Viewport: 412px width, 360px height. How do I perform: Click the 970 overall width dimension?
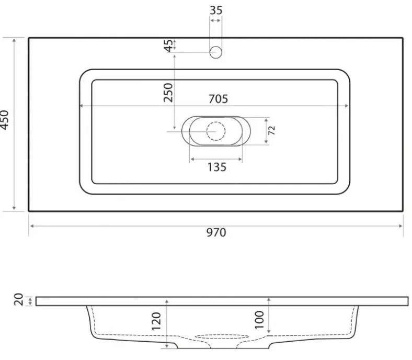tap(216, 233)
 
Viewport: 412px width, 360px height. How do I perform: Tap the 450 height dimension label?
tap(5, 120)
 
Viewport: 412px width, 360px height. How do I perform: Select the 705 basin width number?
tap(219, 99)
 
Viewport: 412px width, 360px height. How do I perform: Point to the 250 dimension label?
tap(168, 93)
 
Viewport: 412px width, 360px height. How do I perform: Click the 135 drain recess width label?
tap(217, 167)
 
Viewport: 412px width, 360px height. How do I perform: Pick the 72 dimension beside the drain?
tap(272, 130)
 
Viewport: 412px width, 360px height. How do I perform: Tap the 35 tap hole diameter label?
tap(216, 10)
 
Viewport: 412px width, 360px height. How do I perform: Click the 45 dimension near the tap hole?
tap(168, 46)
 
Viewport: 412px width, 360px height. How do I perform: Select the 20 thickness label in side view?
tap(19, 299)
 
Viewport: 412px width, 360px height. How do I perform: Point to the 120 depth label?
tap(156, 321)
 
